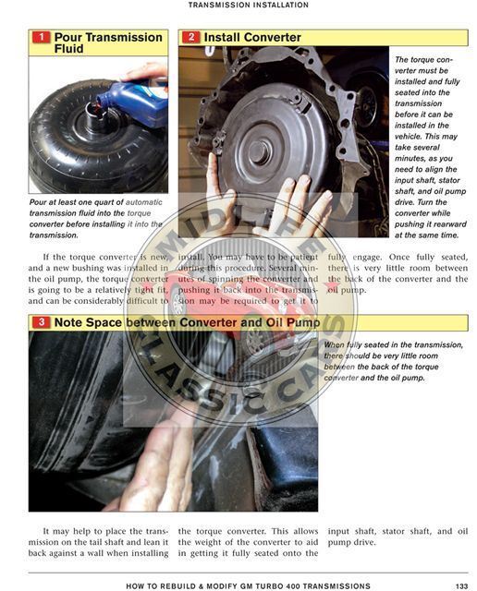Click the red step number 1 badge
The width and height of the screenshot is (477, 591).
(x=41, y=38)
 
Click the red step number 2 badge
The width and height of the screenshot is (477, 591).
(x=190, y=38)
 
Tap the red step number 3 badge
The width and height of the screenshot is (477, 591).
(x=41, y=323)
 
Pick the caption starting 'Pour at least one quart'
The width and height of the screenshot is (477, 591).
(x=96, y=218)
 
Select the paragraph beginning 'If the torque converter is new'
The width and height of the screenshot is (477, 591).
(x=98, y=278)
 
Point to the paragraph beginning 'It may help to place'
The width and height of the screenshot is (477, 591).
(x=98, y=543)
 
